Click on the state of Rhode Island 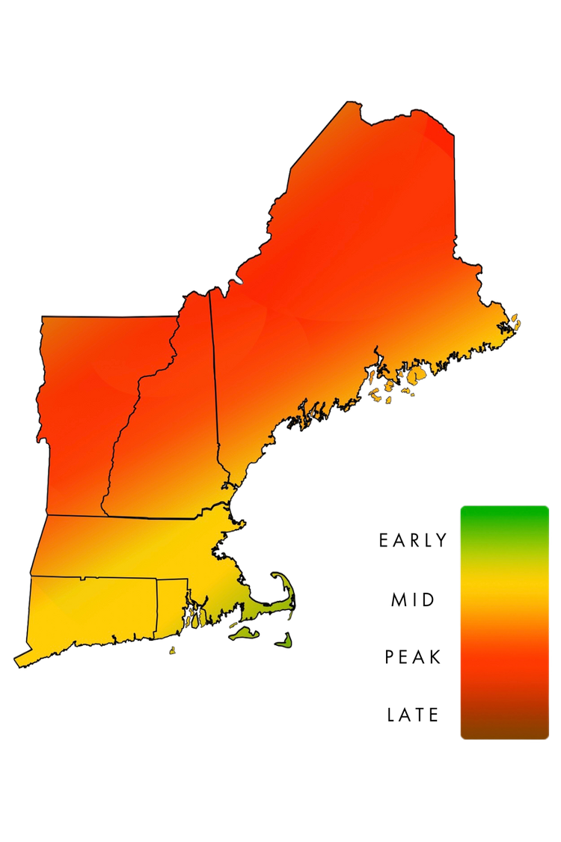[171, 606]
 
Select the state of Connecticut [90, 614]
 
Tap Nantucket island [284, 641]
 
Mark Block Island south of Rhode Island [172, 651]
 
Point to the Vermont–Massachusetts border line [75, 516]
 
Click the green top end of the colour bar [504, 513]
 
